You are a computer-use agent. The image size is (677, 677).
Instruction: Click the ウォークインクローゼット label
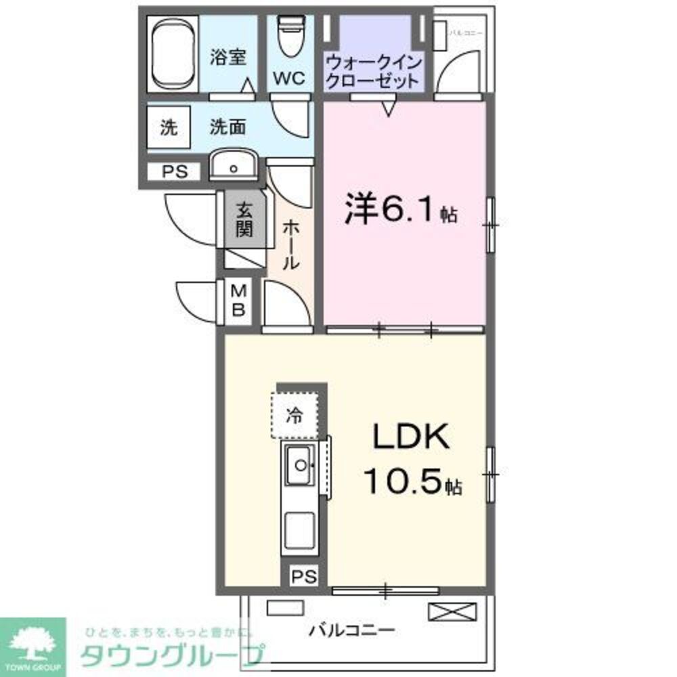click(x=374, y=71)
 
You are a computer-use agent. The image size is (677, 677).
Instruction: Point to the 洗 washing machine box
click(x=168, y=127)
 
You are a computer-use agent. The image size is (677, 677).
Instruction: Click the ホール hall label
click(x=290, y=244)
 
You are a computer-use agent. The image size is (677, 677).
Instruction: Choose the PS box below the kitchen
click(x=304, y=576)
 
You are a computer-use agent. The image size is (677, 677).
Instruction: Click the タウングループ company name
click(x=172, y=655)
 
